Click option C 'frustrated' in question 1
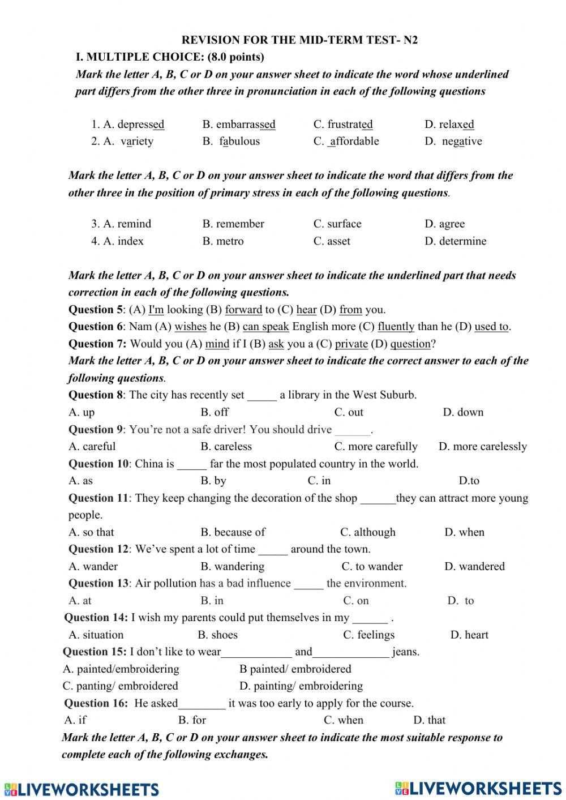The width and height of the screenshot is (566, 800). (343, 124)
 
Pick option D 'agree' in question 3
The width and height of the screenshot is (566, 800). (444, 224)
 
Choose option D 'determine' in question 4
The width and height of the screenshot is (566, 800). (455, 241)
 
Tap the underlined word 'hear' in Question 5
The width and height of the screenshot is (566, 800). (306, 310)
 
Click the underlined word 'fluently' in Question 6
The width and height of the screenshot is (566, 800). (396, 327)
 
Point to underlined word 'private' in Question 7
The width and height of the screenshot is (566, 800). (351, 344)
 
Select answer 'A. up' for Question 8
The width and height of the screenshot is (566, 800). (82, 412)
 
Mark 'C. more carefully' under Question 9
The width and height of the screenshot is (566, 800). (375, 446)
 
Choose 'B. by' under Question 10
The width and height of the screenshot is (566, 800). (213, 481)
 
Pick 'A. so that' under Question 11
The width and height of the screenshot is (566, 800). (91, 532)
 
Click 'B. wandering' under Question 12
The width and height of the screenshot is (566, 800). (232, 566)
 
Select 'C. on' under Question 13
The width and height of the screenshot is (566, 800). (355, 601)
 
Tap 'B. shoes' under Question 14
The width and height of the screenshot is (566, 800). (217, 635)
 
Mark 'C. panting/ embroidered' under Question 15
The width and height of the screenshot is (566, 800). (120, 686)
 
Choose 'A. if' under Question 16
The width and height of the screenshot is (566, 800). (75, 720)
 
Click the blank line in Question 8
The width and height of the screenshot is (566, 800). (262, 396)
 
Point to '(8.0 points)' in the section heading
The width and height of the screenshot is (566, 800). (236, 57)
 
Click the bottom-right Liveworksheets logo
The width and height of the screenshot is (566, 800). (478, 788)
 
